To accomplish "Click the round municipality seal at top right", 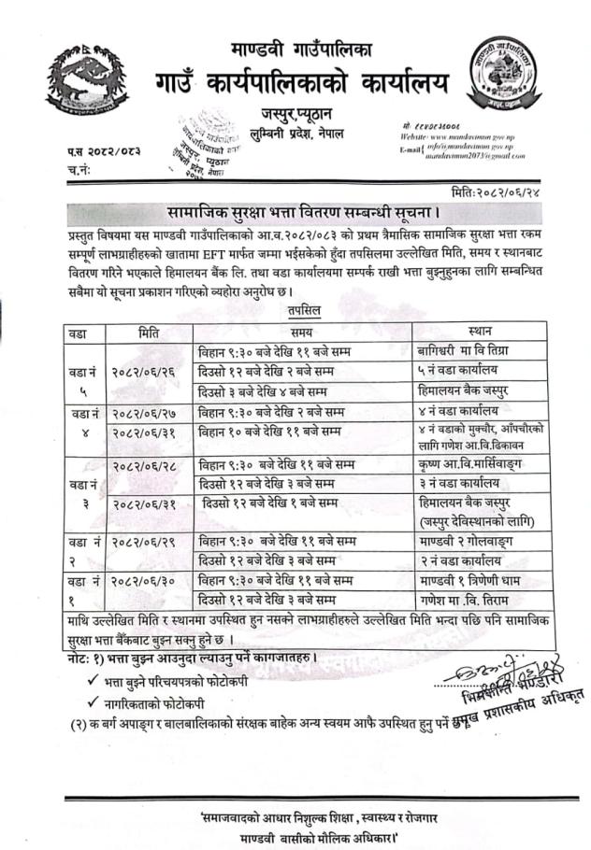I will click(x=505, y=76).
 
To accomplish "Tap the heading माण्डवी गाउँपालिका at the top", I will click(x=301, y=47).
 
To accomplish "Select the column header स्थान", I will click(x=483, y=332).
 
